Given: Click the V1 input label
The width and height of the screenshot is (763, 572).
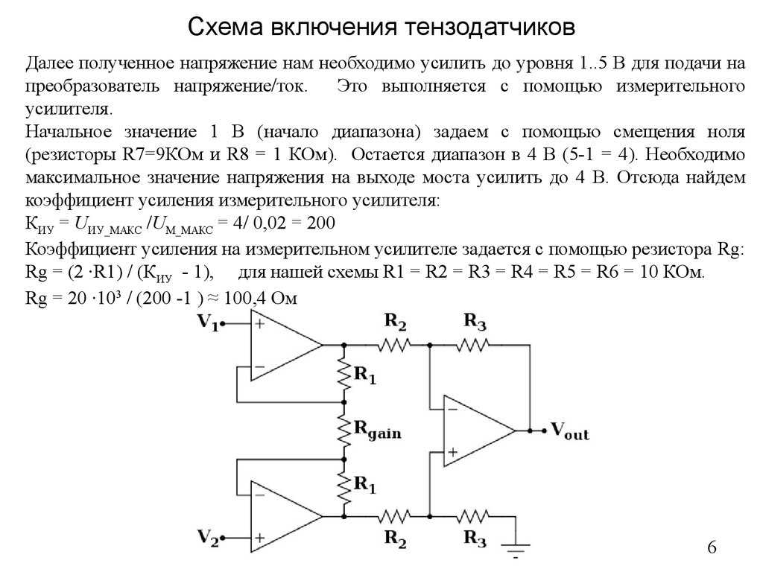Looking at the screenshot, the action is tap(208, 322).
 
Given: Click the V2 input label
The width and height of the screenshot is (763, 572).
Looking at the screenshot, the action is tap(208, 538).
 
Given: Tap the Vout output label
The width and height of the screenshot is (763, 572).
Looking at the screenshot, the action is tap(569, 431).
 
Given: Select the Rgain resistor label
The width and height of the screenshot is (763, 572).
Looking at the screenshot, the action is tap(378, 430).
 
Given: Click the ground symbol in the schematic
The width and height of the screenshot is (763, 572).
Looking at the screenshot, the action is tap(516, 550).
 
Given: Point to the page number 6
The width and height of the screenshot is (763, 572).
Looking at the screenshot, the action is tap(712, 547).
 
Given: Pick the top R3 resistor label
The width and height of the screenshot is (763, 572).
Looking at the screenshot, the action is tap(475, 322).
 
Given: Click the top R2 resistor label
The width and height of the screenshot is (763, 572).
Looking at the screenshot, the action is tap(395, 322).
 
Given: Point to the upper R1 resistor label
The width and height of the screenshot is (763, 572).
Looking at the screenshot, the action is tap(365, 375).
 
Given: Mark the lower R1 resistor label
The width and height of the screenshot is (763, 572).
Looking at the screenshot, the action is tap(365, 485).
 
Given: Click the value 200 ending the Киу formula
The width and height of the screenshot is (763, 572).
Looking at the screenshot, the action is tap(321, 223).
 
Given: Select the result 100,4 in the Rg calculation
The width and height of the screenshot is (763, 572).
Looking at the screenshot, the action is tap(244, 298).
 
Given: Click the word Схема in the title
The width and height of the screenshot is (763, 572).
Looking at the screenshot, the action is tap(225, 28).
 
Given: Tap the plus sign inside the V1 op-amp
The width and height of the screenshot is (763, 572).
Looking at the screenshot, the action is tap(260, 323).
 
